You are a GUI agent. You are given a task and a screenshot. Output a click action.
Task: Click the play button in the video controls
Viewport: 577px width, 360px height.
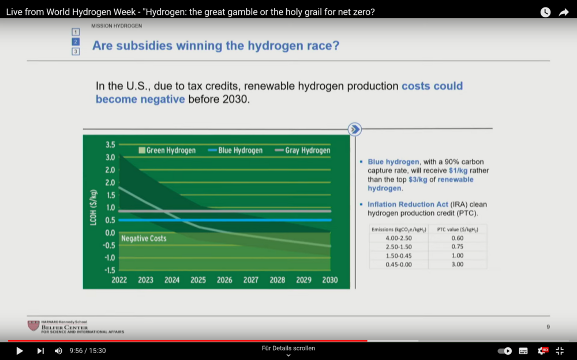(19, 351)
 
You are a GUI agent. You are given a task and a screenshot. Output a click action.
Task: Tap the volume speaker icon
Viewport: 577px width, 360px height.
(58, 351)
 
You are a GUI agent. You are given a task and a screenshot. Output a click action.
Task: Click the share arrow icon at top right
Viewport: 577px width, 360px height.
(564, 12)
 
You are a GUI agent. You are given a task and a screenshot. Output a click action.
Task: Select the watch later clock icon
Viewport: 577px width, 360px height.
(545, 12)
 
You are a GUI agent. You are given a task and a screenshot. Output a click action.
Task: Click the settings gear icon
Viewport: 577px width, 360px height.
(542, 351)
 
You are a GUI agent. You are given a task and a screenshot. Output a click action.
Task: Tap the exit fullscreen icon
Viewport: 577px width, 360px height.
(560, 351)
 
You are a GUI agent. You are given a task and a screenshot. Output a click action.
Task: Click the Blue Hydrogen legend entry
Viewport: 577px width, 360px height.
(235, 151)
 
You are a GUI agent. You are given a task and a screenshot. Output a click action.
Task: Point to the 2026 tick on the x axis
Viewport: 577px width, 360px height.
(224, 280)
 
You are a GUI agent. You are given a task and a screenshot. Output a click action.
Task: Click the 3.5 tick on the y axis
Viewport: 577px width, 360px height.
(110, 144)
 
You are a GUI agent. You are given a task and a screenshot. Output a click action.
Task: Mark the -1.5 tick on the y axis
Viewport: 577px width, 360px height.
(109, 270)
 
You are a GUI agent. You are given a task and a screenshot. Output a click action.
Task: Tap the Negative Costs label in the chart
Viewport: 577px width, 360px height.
(144, 238)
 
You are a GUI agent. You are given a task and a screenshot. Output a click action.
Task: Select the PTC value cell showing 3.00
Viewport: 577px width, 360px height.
(457, 264)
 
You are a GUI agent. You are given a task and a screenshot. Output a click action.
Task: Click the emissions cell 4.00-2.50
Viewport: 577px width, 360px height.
(399, 238)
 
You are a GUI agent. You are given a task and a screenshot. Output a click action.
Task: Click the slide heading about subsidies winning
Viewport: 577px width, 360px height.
(216, 46)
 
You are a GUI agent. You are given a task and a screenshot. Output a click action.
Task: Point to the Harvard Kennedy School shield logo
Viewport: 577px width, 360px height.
(33, 326)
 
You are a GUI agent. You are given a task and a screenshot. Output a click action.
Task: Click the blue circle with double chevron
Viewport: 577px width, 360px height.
(355, 129)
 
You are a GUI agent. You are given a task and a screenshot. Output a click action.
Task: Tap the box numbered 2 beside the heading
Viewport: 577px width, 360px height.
(76, 42)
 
